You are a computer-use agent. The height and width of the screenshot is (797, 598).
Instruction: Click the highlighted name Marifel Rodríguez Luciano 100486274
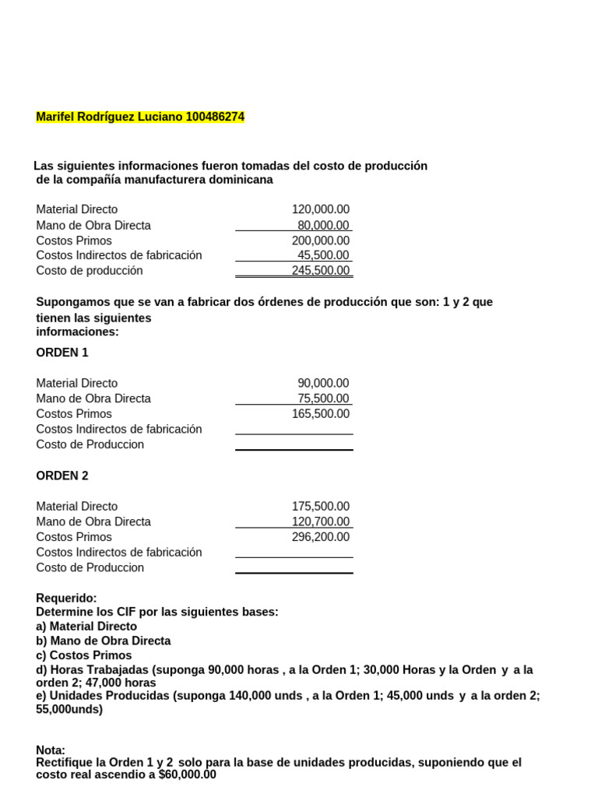pyautogui.click(x=140, y=117)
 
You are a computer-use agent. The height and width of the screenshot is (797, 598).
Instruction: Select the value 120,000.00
pyautogui.click(x=321, y=209)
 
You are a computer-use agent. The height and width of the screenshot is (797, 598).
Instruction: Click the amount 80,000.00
pyautogui.click(x=323, y=225)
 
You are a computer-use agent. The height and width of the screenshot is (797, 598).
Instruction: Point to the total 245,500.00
pyautogui.click(x=321, y=271)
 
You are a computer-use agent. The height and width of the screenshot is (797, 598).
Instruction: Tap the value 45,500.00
pyautogui.click(x=323, y=255)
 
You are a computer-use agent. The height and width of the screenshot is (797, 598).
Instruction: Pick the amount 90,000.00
pyautogui.click(x=323, y=383)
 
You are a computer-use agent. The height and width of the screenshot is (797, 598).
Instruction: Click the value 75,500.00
pyautogui.click(x=323, y=398)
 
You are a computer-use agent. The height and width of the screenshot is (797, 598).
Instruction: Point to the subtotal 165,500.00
pyautogui.click(x=321, y=414)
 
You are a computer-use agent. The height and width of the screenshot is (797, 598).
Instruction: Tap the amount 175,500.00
pyautogui.click(x=321, y=506)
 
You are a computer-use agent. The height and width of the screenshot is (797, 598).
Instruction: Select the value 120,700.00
pyautogui.click(x=321, y=521)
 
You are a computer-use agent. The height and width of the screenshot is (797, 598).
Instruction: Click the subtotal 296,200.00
pyautogui.click(x=321, y=537)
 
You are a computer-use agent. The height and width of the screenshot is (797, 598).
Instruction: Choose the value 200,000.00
pyautogui.click(x=321, y=241)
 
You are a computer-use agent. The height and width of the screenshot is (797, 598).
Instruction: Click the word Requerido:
pyautogui.click(x=66, y=598)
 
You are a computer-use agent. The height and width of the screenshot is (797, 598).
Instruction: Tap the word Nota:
pyautogui.click(x=51, y=750)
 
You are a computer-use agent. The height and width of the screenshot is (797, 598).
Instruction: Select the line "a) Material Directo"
pyautogui.click(x=86, y=627)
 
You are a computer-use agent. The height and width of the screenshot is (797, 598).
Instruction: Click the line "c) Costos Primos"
pyautogui.click(x=82, y=655)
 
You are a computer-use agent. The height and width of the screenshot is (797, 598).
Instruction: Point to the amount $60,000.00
pyautogui.click(x=187, y=775)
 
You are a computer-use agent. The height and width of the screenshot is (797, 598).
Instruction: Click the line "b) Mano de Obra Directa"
pyautogui.click(x=104, y=641)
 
